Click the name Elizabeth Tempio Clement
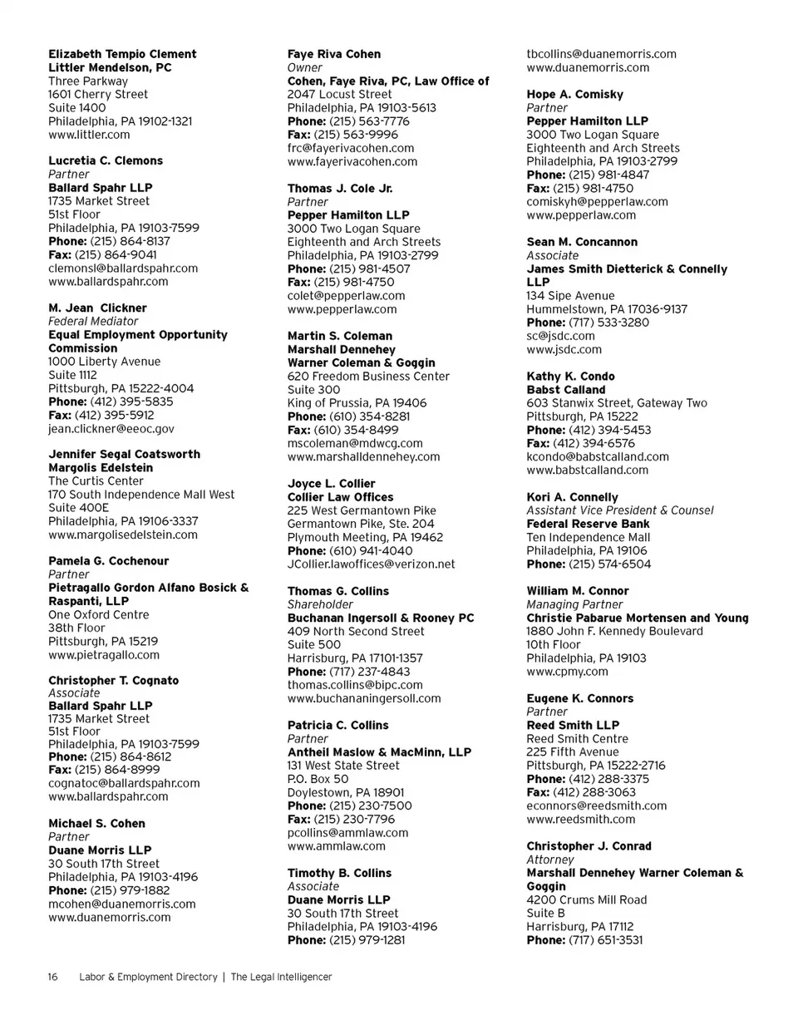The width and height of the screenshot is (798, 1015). tap(122, 54)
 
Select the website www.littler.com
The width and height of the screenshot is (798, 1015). tap(89, 135)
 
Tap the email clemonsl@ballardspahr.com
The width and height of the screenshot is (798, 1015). tap(123, 269)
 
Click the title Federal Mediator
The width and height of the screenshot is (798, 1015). tap(93, 321)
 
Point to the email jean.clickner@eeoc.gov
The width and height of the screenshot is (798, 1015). tap(111, 429)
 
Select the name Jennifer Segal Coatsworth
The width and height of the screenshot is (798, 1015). tap(124, 454)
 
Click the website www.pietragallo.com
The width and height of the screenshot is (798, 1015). tap(104, 655)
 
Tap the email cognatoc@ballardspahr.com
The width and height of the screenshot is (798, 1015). tap(124, 783)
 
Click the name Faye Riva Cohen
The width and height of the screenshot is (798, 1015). tap(334, 54)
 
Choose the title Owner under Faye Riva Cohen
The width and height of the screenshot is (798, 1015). tap(304, 67)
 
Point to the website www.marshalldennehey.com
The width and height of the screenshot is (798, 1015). tap(364, 456)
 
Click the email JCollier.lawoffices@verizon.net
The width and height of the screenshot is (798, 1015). tap(371, 564)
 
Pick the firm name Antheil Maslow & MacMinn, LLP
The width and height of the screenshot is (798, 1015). tap(379, 752)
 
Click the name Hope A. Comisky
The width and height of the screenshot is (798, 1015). tap(574, 95)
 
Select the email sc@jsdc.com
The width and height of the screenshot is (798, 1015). tap(560, 336)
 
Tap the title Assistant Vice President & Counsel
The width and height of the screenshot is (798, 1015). tap(619, 510)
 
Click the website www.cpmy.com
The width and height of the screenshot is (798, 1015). tap(567, 672)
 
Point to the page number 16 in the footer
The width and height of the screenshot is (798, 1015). tap(52, 978)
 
